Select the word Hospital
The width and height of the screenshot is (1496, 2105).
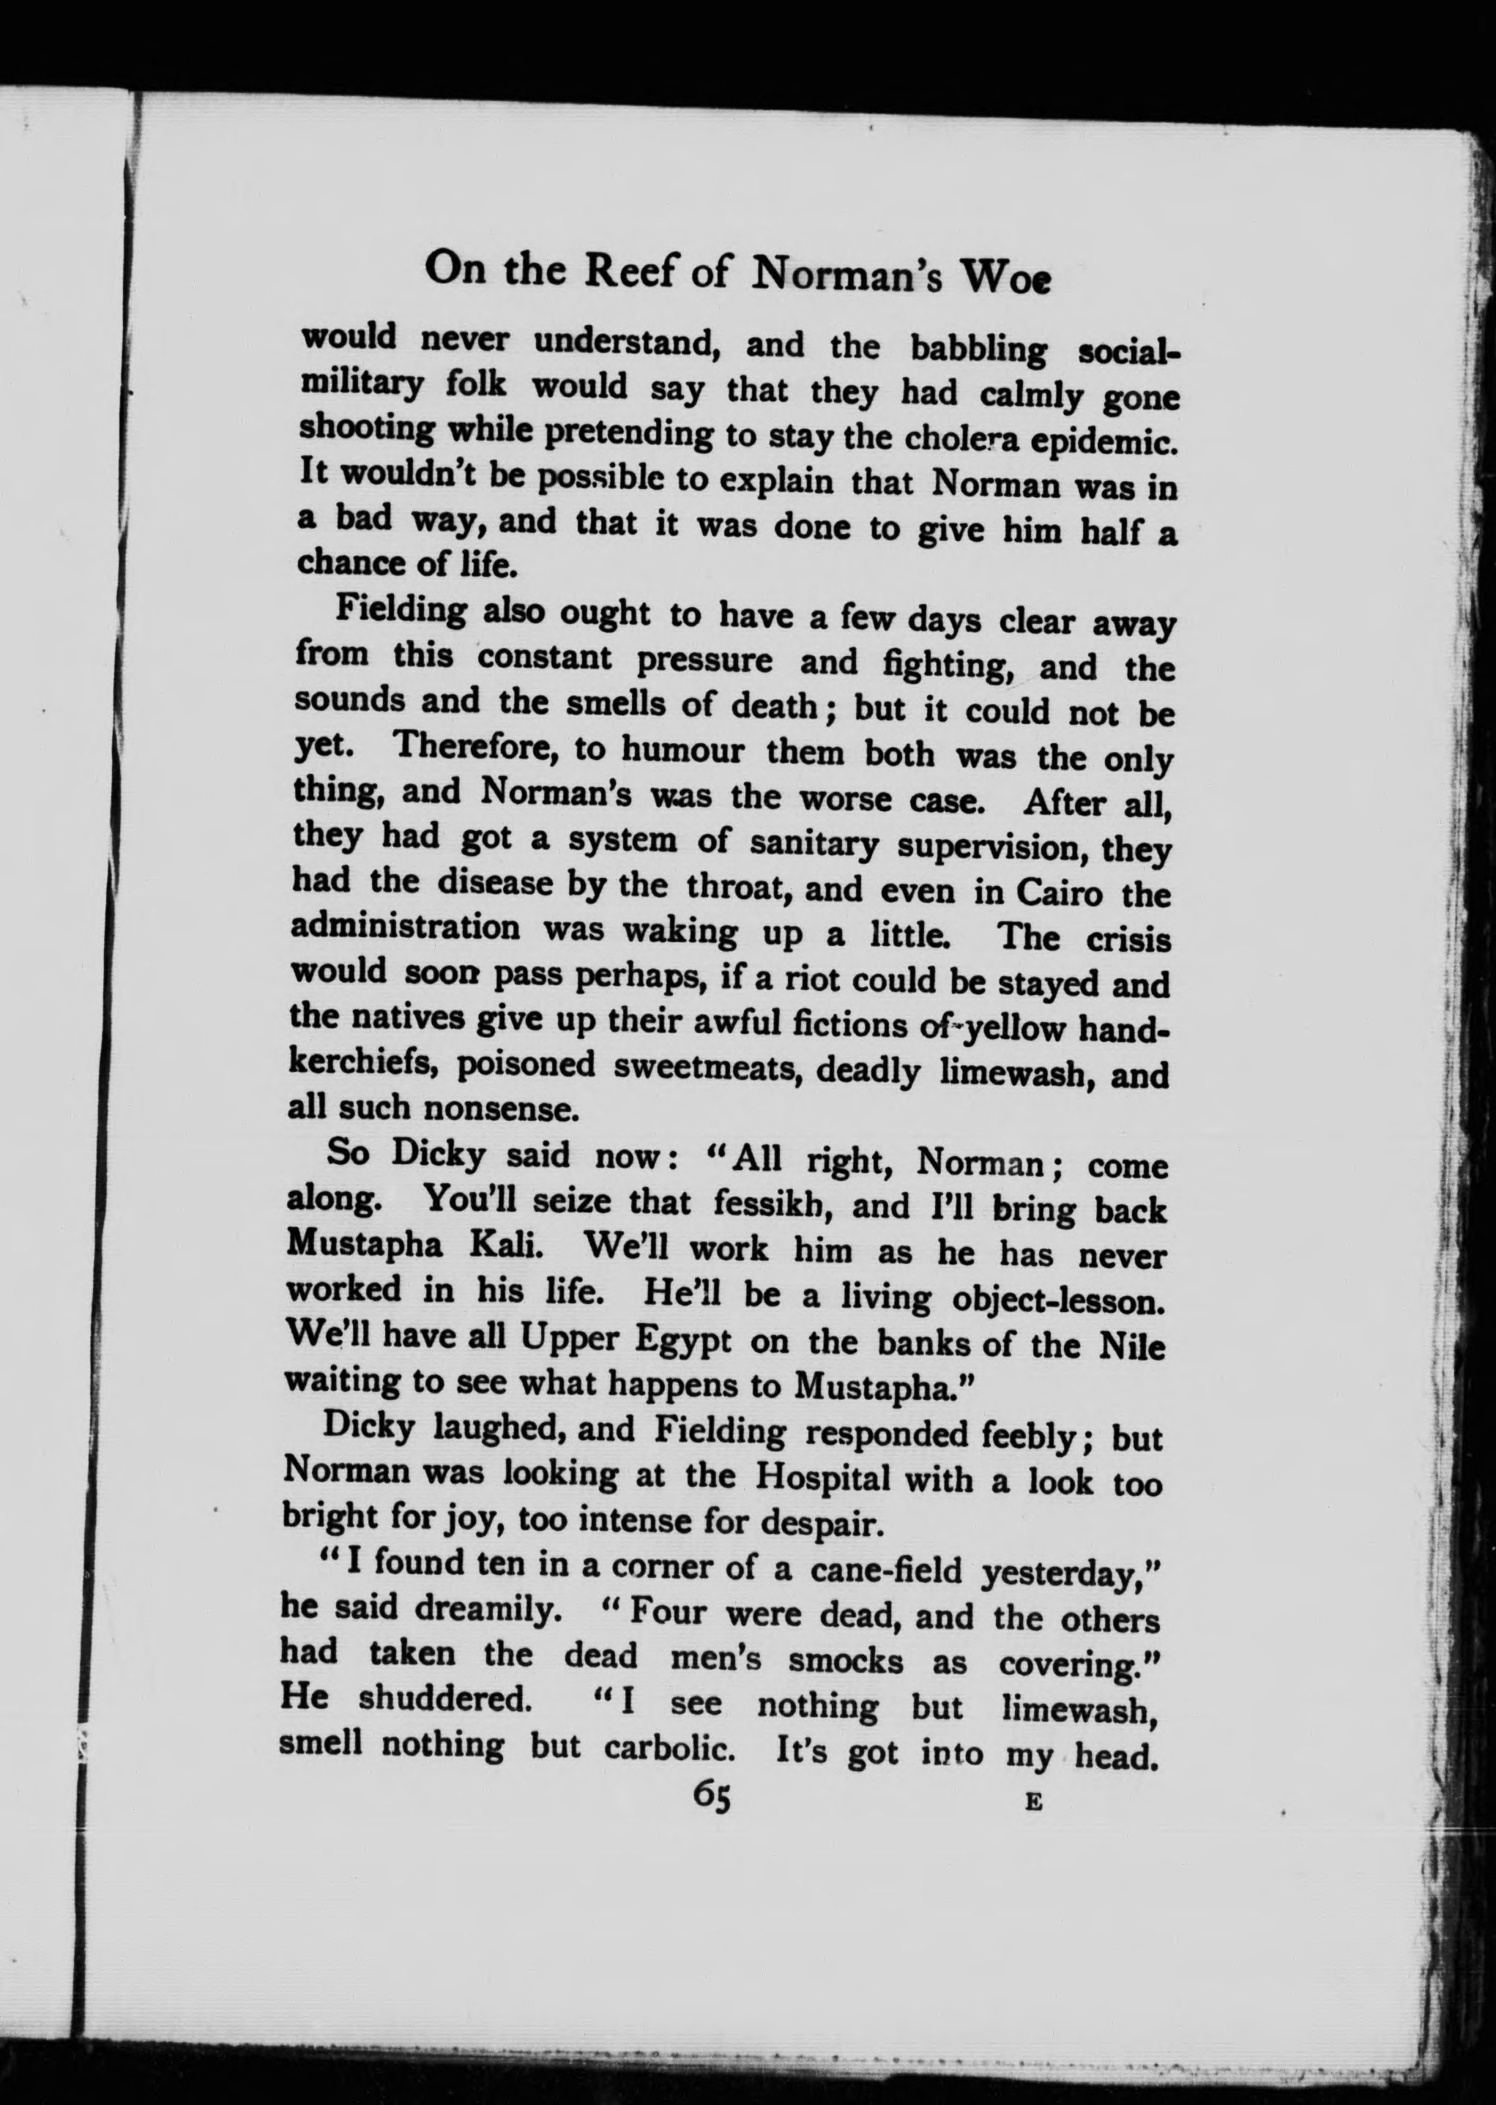coord(822,1478)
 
